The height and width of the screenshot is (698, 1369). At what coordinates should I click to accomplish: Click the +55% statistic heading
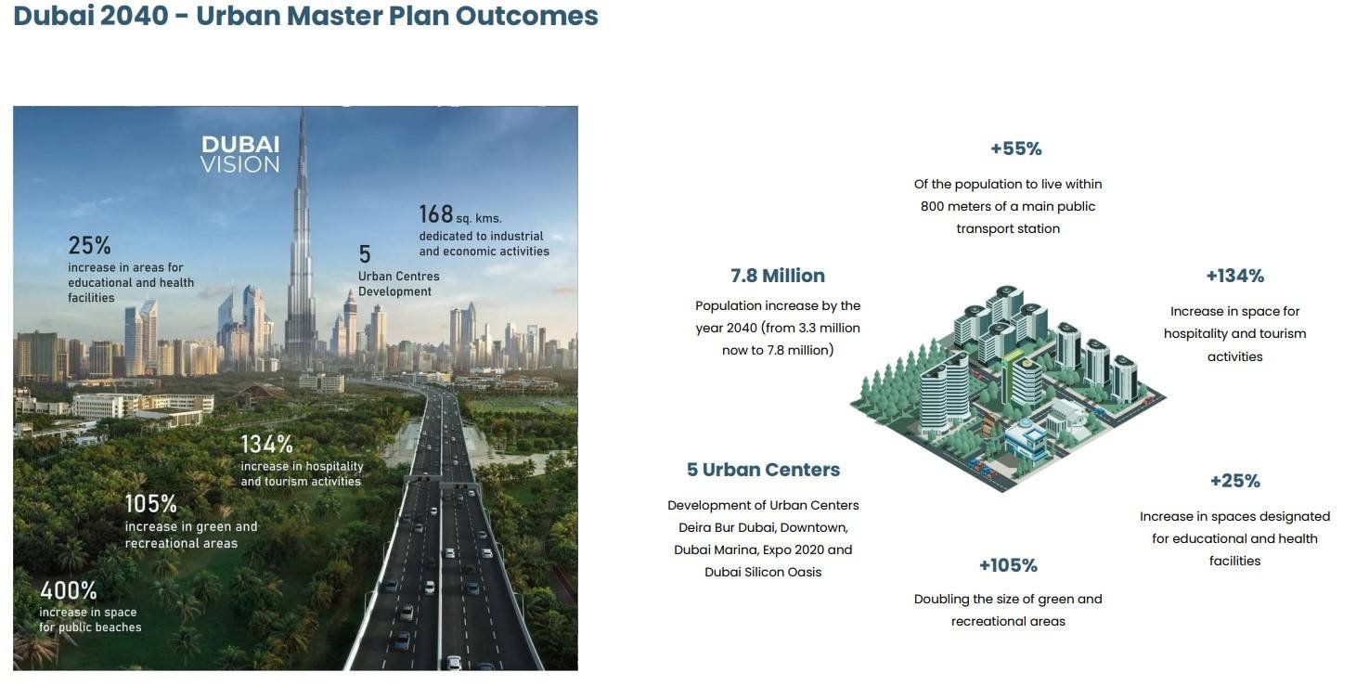coord(1015,149)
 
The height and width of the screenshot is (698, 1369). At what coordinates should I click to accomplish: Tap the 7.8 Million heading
coord(778,276)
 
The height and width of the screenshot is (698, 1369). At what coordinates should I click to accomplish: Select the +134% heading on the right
coord(1234,276)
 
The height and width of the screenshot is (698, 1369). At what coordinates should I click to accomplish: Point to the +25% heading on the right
coord(1234,481)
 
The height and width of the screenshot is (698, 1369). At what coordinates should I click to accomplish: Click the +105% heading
coord(1008,565)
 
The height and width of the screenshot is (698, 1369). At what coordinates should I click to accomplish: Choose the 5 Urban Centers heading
coord(763,470)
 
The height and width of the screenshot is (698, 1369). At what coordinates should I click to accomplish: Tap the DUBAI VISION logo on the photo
coord(240,154)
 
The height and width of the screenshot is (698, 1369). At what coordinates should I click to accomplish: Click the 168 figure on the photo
coord(435,214)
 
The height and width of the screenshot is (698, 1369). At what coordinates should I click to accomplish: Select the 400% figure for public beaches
coord(69,591)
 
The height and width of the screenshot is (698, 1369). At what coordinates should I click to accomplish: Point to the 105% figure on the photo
coord(151,504)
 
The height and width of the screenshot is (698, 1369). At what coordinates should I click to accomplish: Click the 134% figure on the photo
coord(266,445)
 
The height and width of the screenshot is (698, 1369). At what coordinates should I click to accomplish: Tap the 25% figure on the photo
coord(89,246)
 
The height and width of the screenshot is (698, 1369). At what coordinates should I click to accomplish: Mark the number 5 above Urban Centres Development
coord(364,254)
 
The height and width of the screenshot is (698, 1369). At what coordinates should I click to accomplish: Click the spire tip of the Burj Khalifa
coord(302,109)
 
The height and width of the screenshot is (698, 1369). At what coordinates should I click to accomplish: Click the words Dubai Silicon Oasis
coord(763,572)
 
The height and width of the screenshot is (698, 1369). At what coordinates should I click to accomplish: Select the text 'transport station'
coord(1008,228)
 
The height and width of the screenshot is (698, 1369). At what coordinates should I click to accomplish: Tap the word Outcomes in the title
coord(527,16)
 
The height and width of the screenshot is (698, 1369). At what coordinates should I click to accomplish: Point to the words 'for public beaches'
coord(90,627)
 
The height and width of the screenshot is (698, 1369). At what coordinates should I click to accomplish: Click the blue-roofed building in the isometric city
coord(1030,441)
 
